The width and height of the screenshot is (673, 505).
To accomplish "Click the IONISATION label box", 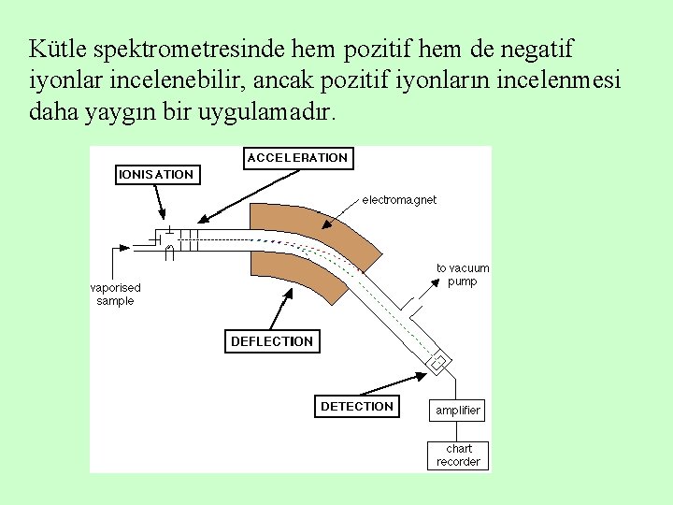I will pyautogui.click(x=156, y=174).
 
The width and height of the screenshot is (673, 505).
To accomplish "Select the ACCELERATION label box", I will pyautogui.click(x=297, y=158).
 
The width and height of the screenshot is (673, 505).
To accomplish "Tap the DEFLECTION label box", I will pyautogui.click(x=272, y=341).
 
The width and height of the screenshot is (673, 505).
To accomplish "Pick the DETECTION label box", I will pyautogui.click(x=357, y=406).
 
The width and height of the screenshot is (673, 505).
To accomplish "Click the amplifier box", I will pyautogui.click(x=458, y=410).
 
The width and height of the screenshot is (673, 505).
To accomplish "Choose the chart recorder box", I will pyautogui.click(x=458, y=455).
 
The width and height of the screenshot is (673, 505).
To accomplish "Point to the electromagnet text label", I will pyautogui.click(x=399, y=199).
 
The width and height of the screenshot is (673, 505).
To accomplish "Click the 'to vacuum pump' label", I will pyautogui.click(x=463, y=274).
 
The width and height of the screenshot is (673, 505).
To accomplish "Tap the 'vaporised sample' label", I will pyautogui.click(x=115, y=295).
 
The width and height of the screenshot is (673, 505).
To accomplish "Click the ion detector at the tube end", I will pyautogui.click(x=437, y=361).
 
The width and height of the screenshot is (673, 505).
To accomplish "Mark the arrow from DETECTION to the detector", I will pyautogui.click(x=393, y=383).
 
